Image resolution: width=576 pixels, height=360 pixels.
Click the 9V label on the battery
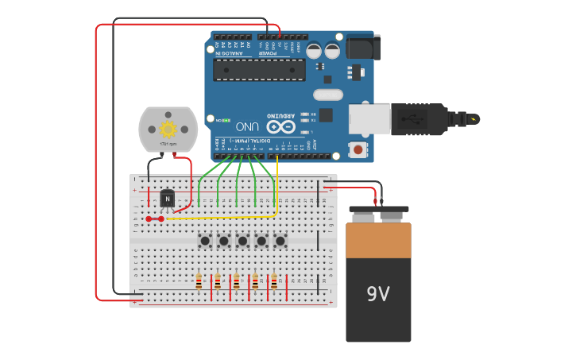click(378, 294)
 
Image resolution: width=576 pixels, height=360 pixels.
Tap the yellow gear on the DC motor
click(168, 129)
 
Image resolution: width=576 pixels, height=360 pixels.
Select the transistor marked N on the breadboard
click(167, 198)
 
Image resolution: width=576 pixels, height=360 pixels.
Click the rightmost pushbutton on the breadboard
click(280, 240)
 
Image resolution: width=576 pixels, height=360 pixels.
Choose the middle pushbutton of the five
click(242, 240)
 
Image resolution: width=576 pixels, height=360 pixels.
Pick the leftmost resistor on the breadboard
click(199, 281)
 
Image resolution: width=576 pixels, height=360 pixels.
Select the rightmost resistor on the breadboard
click(274, 281)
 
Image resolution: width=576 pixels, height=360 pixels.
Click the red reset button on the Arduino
click(358, 149)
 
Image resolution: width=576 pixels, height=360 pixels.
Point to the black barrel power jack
click(363, 48)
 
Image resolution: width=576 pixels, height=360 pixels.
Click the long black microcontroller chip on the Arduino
click(259, 69)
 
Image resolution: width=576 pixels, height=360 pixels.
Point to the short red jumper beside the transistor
click(155, 219)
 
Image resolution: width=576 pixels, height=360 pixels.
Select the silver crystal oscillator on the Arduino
click(327, 95)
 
